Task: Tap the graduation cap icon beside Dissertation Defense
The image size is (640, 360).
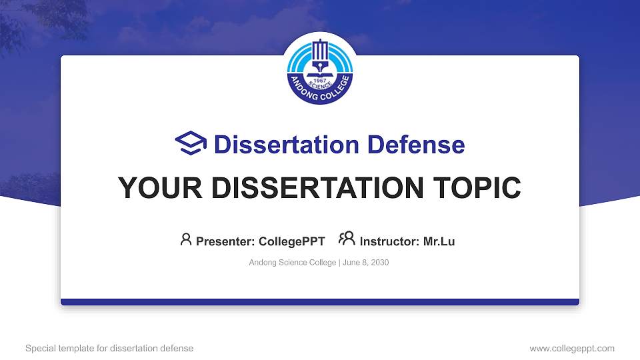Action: [x=191, y=143]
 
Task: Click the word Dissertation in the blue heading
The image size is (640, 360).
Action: [x=287, y=145]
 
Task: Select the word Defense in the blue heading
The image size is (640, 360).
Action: [x=416, y=145]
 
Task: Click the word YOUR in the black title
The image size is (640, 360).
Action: [x=160, y=188]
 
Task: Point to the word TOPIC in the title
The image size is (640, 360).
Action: [x=477, y=188]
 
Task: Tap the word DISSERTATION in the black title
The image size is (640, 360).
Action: [x=317, y=188]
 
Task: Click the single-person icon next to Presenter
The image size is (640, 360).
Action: [x=186, y=239]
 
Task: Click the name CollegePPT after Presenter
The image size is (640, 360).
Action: [x=292, y=241]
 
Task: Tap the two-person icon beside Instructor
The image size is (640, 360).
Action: [x=347, y=239]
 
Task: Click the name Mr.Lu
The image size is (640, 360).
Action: [x=439, y=241]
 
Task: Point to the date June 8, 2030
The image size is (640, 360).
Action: [x=366, y=263]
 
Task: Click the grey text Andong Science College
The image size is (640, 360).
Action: [x=293, y=263]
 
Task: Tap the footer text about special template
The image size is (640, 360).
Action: [x=109, y=348]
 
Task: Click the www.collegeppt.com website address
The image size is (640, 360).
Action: [x=572, y=348]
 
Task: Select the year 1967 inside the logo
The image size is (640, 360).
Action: [x=320, y=81]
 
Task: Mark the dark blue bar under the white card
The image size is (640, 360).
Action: [x=320, y=302]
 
